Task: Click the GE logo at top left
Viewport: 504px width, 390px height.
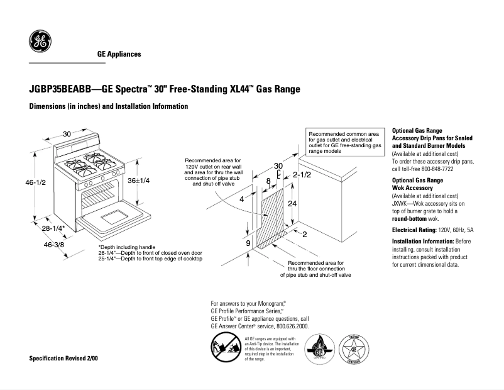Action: pyautogui.click(x=40, y=42)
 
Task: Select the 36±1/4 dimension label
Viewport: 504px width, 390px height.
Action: pyautogui.click(x=138, y=181)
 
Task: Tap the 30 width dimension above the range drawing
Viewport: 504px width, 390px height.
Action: pyautogui.click(x=66, y=135)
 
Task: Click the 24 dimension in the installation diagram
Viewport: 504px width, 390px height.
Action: pyautogui.click(x=292, y=204)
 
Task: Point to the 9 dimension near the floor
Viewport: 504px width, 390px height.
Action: pyautogui.click(x=248, y=243)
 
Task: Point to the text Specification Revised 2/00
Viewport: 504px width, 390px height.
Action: pyautogui.click(x=64, y=358)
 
